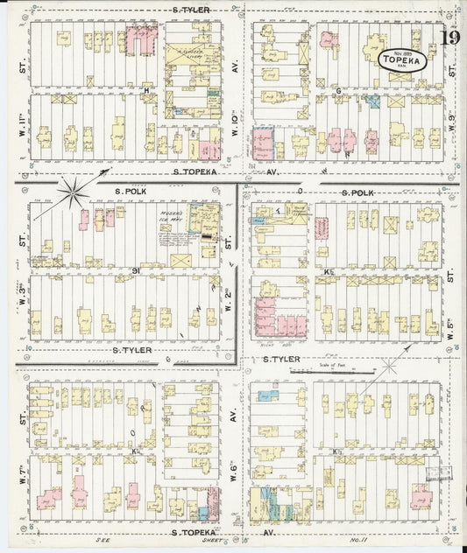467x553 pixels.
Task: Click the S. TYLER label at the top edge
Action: click(x=191, y=10)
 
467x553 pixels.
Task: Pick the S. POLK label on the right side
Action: click(x=357, y=192)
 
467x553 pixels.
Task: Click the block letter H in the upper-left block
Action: click(x=147, y=90)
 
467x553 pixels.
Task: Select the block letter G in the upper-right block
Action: click(x=336, y=91)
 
